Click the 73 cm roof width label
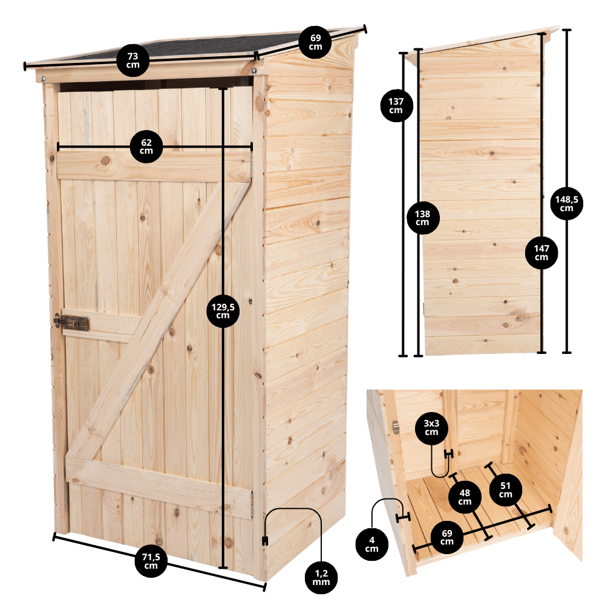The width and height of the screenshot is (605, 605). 132,60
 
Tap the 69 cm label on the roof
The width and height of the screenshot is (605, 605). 315,42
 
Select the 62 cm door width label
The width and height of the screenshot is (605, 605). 146,146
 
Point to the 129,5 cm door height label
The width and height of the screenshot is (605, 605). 223,311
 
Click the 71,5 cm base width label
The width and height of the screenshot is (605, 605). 151,561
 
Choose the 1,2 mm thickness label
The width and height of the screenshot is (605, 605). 321,578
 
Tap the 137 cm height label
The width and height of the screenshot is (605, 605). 396,106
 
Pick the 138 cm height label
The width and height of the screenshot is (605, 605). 423,218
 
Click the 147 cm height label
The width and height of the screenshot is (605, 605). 541,253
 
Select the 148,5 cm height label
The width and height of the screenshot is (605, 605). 566,203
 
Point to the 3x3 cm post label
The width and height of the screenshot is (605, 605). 431,428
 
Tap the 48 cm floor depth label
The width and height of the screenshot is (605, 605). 465,497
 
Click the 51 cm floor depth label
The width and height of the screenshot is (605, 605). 505,490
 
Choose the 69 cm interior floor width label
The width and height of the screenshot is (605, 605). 447,537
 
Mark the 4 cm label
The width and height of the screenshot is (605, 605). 372,544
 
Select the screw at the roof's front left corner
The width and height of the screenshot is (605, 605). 44,79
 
